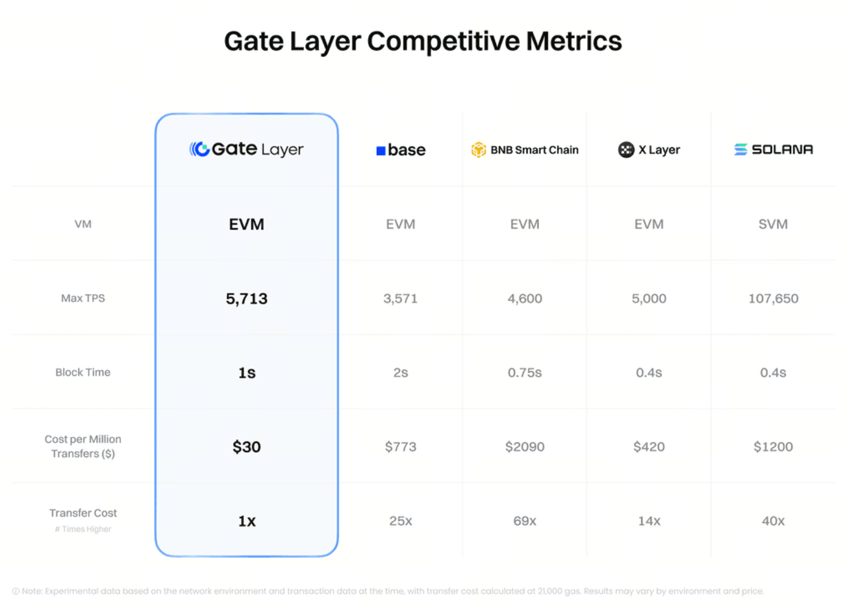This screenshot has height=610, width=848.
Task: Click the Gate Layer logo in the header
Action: (246, 149)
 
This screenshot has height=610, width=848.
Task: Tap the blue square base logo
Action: (381, 150)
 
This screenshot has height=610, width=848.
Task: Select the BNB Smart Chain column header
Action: (525, 150)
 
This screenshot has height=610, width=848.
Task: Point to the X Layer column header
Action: (649, 150)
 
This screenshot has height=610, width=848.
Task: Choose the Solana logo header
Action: (773, 149)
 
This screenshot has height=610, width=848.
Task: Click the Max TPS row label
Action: (83, 298)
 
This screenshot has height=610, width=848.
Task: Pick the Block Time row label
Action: (83, 372)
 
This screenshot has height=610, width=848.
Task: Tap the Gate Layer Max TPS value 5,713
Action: (247, 299)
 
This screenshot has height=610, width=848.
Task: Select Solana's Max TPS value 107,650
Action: (773, 299)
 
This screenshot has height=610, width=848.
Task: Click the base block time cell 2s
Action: (400, 373)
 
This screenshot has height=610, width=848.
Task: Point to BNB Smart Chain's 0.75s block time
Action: (525, 373)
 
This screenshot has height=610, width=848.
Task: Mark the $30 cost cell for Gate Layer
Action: (247, 447)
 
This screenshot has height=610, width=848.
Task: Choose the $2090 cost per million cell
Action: (525, 447)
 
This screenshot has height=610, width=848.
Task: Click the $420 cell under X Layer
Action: (649, 447)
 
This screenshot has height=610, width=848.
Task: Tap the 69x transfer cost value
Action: (525, 521)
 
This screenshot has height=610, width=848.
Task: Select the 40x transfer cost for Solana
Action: (773, 521)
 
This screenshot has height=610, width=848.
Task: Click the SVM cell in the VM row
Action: (773, 224)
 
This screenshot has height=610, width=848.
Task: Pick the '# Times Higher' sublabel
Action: (83, 529)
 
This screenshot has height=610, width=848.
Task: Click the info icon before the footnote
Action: (16, 592)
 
